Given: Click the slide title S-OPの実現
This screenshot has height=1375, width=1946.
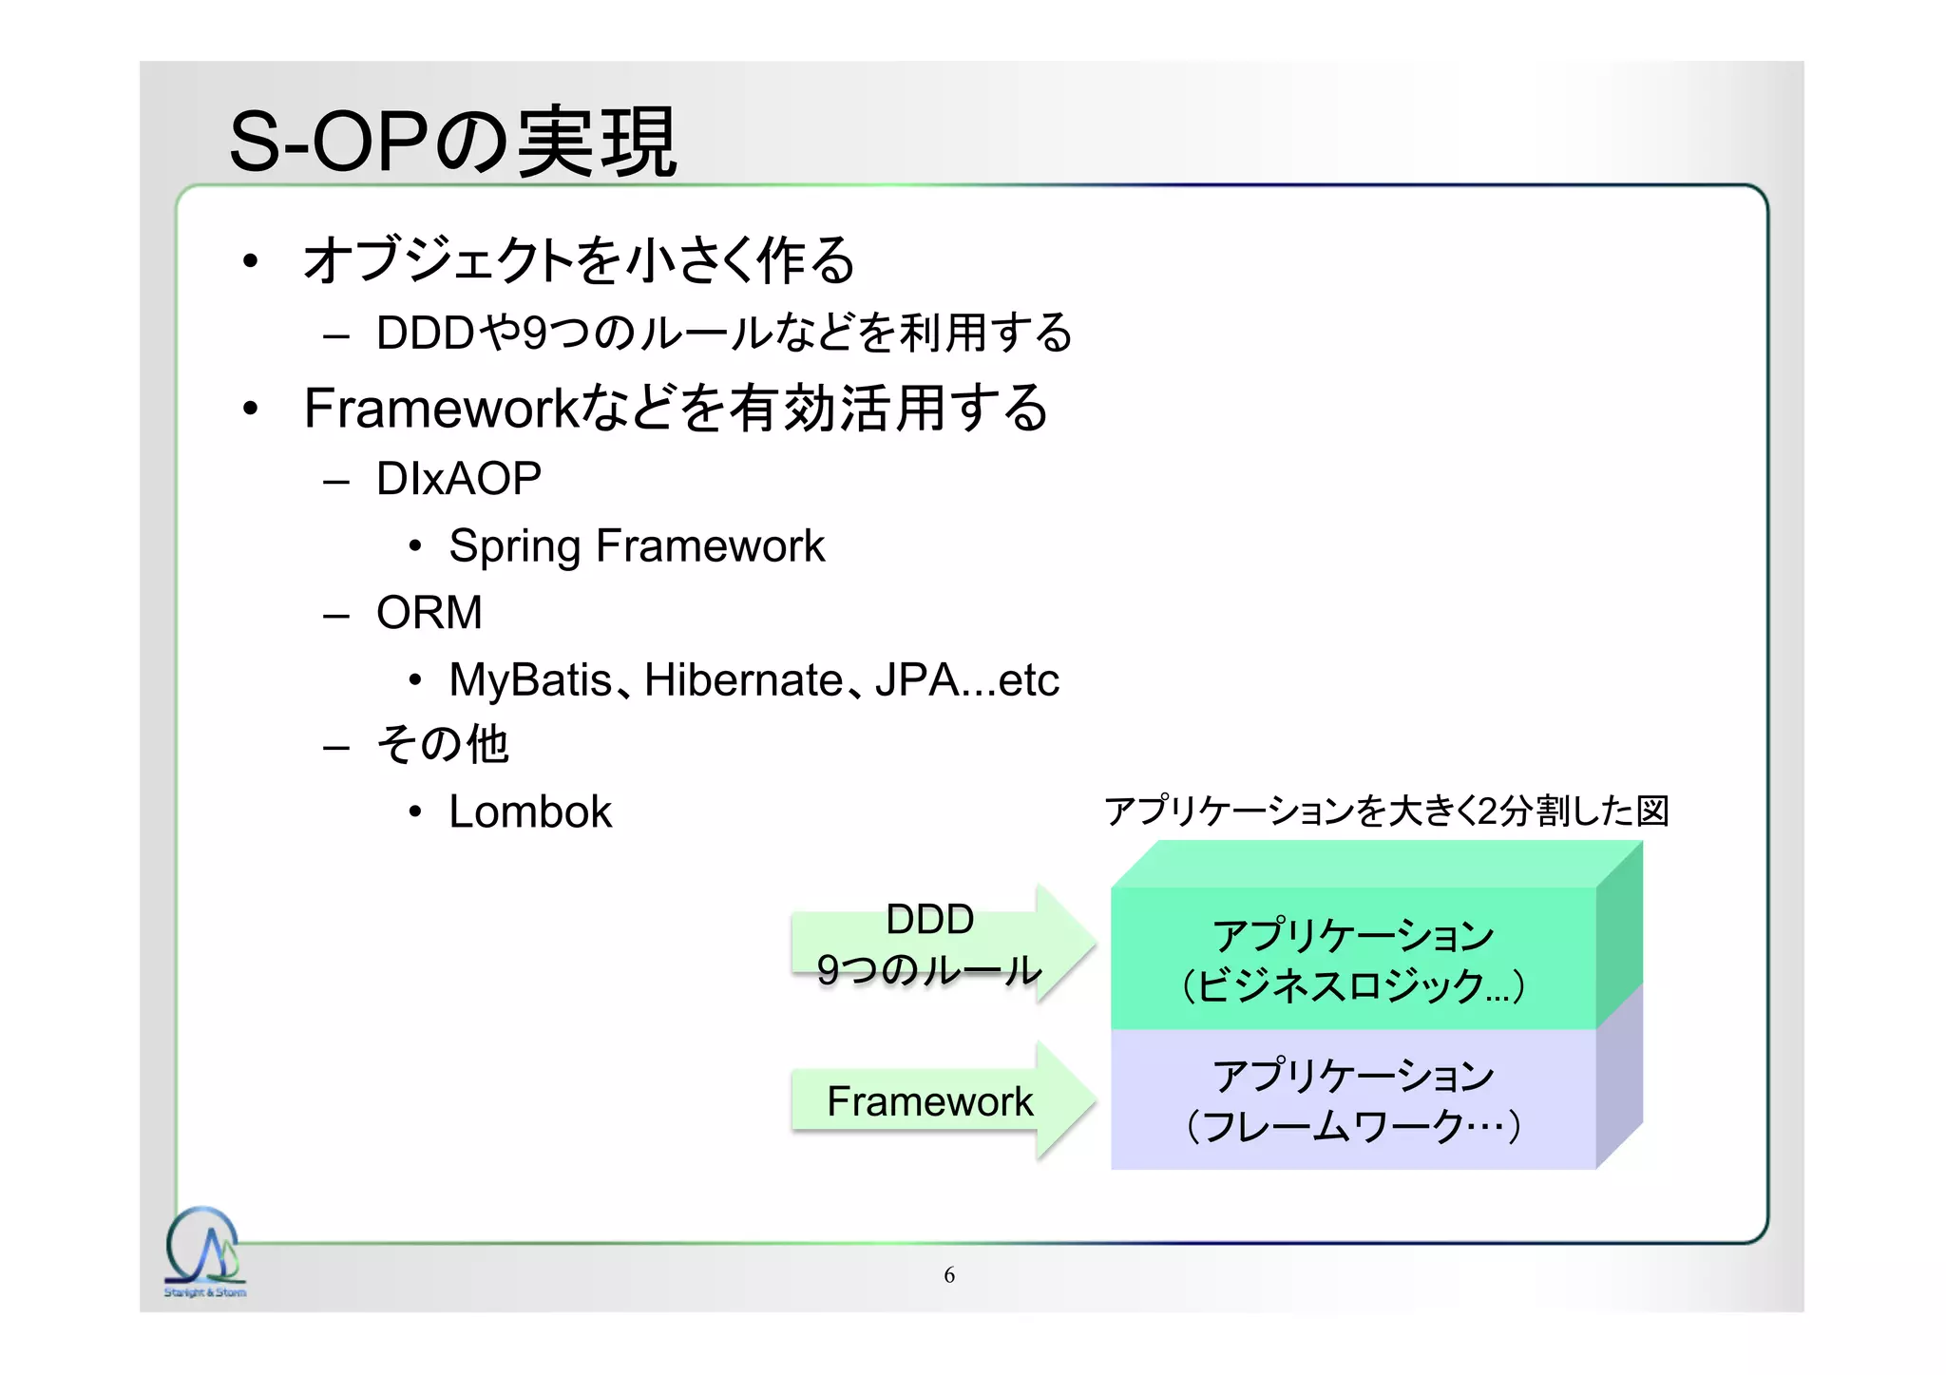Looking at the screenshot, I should pyautogui.click(x=452, y=143).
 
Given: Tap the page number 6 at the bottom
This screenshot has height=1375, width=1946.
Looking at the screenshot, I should pyautogui.click(x=948, y=1275).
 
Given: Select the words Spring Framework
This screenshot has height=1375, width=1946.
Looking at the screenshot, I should pyautogui.click(x=636, y=546).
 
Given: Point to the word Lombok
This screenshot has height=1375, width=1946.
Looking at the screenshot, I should pyautogui.click(x=529, y=812).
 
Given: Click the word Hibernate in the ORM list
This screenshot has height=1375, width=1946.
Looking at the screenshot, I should pyautogui.click(x=743, y=680).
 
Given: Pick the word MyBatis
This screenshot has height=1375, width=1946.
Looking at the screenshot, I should pyautogui.click(x=530, y=680).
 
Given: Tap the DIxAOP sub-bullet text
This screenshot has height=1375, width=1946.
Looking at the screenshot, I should pyautogui.click(x=458, y=478).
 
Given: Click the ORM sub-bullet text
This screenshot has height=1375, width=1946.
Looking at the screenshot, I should pyautogui.click(x=429, y=612).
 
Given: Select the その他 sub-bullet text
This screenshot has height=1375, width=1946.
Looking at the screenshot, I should pyautogui.click(x=443, y=744).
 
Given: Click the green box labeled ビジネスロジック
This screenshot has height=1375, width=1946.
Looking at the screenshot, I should pyautogui.click(x=1352, y=959).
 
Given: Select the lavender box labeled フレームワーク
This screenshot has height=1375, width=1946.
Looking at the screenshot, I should pyautogui.click(x=1352, y=1099).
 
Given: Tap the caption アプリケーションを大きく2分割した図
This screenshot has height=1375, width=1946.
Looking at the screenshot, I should pyautogui.click(x=1385, y=811).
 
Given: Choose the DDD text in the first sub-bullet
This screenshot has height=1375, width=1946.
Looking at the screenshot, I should pyautogui.click(x=425, y=334).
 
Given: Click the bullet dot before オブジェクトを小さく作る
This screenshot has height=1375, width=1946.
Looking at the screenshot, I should pyautogui.click(x=250, y=260).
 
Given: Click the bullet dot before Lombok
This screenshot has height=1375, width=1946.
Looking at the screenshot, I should pyautogui.click(x=414, y=812).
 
